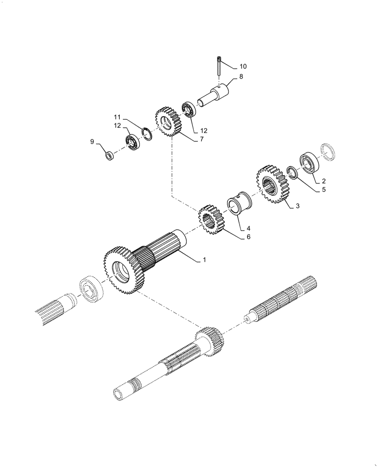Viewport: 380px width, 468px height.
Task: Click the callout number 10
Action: (x=243, y=66)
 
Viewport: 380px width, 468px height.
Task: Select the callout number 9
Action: (x=92, y=141)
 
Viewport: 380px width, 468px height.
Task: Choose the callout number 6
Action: (x=248, y=237)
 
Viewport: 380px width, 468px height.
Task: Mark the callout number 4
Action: (x=248, y=228)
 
